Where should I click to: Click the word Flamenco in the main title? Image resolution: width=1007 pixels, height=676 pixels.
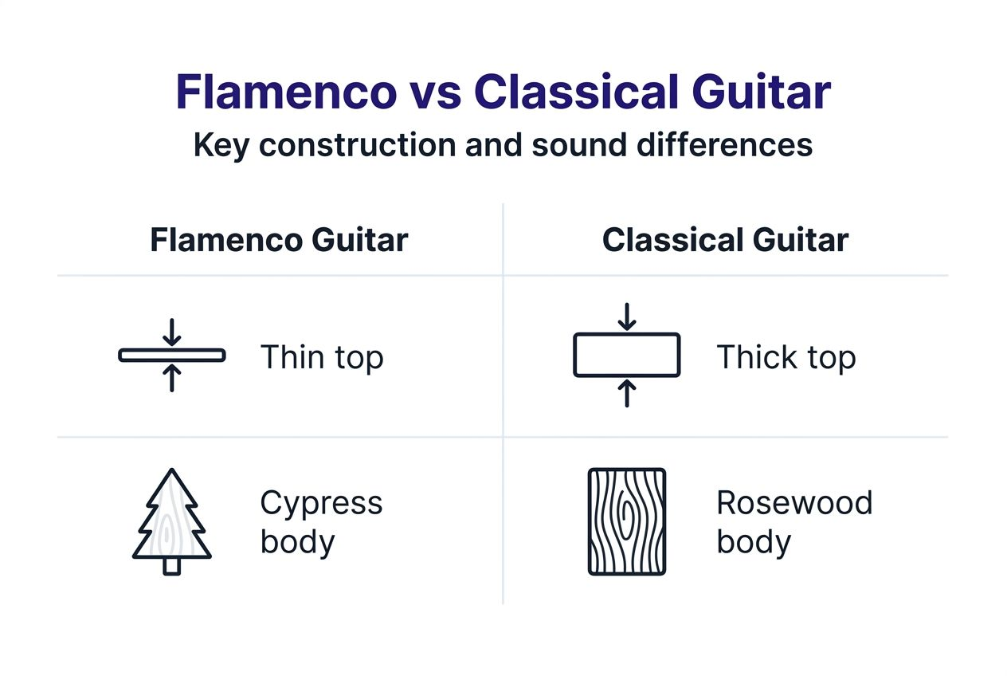[286, 92]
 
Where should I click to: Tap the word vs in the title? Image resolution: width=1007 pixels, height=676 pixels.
[436, 96]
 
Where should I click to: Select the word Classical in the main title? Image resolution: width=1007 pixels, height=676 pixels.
[576, 92]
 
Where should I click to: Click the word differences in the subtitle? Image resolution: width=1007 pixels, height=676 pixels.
[725, 145]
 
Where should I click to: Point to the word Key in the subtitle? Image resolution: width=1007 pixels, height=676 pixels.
[221, 146]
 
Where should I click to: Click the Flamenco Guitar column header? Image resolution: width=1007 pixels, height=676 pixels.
[279, 240]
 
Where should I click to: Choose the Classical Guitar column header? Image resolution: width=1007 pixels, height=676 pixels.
[725, 240]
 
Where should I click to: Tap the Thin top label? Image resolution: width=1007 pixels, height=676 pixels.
[322, 359]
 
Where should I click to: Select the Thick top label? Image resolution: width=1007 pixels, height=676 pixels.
[786, 359]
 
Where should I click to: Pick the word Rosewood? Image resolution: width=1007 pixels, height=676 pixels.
[794, 502]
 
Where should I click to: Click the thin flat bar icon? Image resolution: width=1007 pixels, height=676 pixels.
[172, 356]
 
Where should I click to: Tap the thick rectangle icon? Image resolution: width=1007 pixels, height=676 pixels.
[627, 355]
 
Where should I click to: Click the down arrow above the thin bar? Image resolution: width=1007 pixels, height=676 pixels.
[172, 332]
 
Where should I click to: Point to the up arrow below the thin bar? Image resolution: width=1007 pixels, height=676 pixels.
[172, 378]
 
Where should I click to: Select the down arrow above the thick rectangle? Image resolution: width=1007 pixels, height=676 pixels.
[627, 317]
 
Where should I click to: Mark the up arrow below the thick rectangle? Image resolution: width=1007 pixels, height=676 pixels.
[627, 393]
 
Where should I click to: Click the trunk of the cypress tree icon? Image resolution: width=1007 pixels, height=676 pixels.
[172, 566]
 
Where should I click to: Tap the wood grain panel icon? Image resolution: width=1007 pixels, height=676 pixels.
[627, 521]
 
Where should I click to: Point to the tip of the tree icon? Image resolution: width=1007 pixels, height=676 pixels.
[172, 469]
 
